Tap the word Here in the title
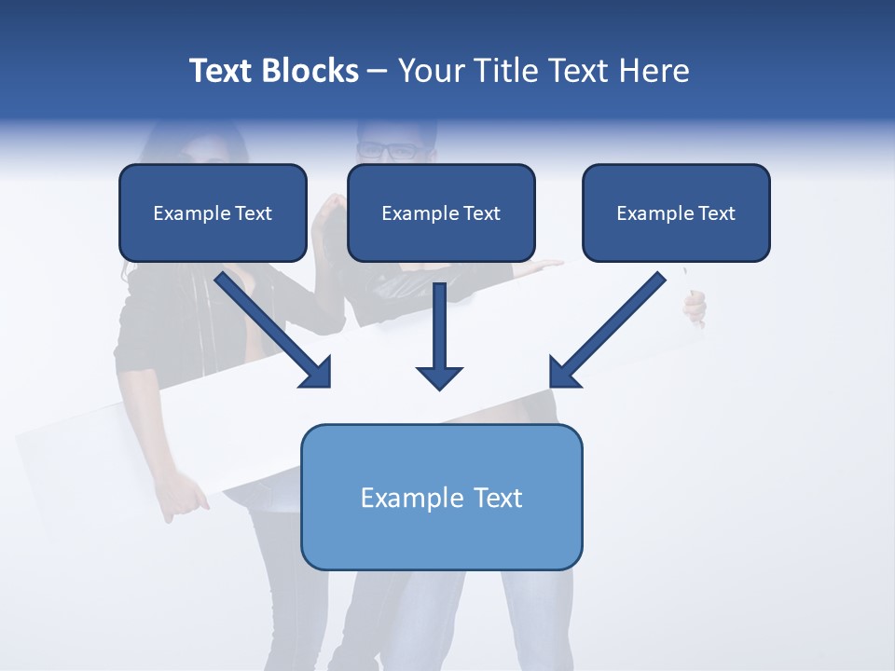[654, 71]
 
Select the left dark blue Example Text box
[213, 212]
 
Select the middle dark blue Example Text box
[441, 212]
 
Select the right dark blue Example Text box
[676, 212]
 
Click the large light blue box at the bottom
[441, 498]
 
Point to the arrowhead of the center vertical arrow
[439, 377]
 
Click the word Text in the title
[220, 71]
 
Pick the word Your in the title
[430, 71]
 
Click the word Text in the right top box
[717, 212]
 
